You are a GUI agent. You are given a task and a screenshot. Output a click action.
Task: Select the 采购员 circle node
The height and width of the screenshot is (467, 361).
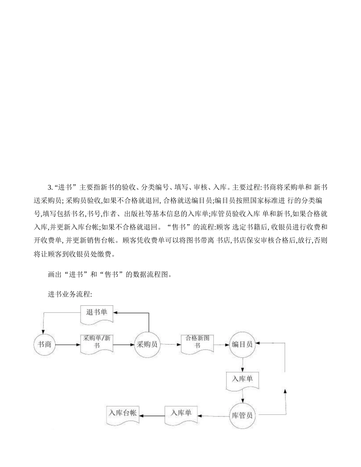pos(147,345)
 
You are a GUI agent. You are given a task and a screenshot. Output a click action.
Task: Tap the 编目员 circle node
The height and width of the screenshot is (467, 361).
pos(242,344)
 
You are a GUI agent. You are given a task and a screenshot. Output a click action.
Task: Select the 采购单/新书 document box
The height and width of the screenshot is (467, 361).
pos(97,344)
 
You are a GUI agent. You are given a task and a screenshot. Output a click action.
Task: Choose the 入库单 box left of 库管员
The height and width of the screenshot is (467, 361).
pos(181,414)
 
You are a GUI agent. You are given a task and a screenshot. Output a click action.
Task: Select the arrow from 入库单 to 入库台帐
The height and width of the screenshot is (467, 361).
pos(152,416)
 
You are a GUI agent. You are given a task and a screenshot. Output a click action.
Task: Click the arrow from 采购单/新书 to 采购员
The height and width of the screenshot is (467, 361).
pos(123,345)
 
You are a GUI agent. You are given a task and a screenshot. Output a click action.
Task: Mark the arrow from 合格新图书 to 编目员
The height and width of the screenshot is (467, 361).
pos(221,345)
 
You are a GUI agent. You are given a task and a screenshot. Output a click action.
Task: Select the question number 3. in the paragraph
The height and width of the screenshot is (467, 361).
pos(50,188)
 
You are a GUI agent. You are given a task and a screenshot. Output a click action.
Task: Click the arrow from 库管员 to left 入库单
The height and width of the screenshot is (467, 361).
pos(214,416)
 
